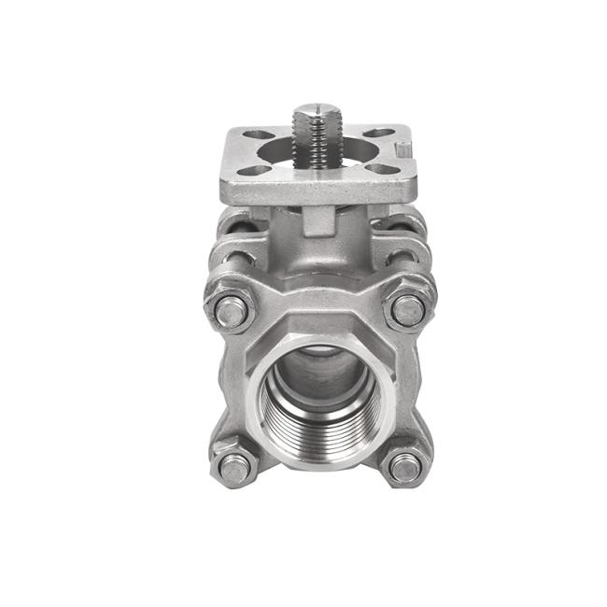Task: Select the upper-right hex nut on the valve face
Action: [x=408, y=309]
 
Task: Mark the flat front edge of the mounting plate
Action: [x=318, y=193]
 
